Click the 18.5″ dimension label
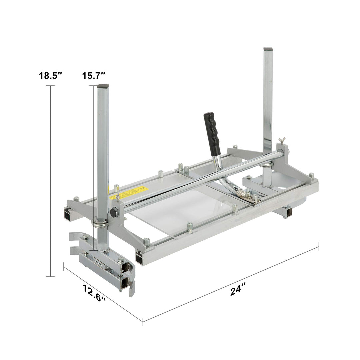click(x=51, y=76)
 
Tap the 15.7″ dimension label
click(x=94, y=76)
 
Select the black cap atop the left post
click(x=103, y=86)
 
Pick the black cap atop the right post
click(x=268, y=49)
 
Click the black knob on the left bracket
click(x=113, y=212)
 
